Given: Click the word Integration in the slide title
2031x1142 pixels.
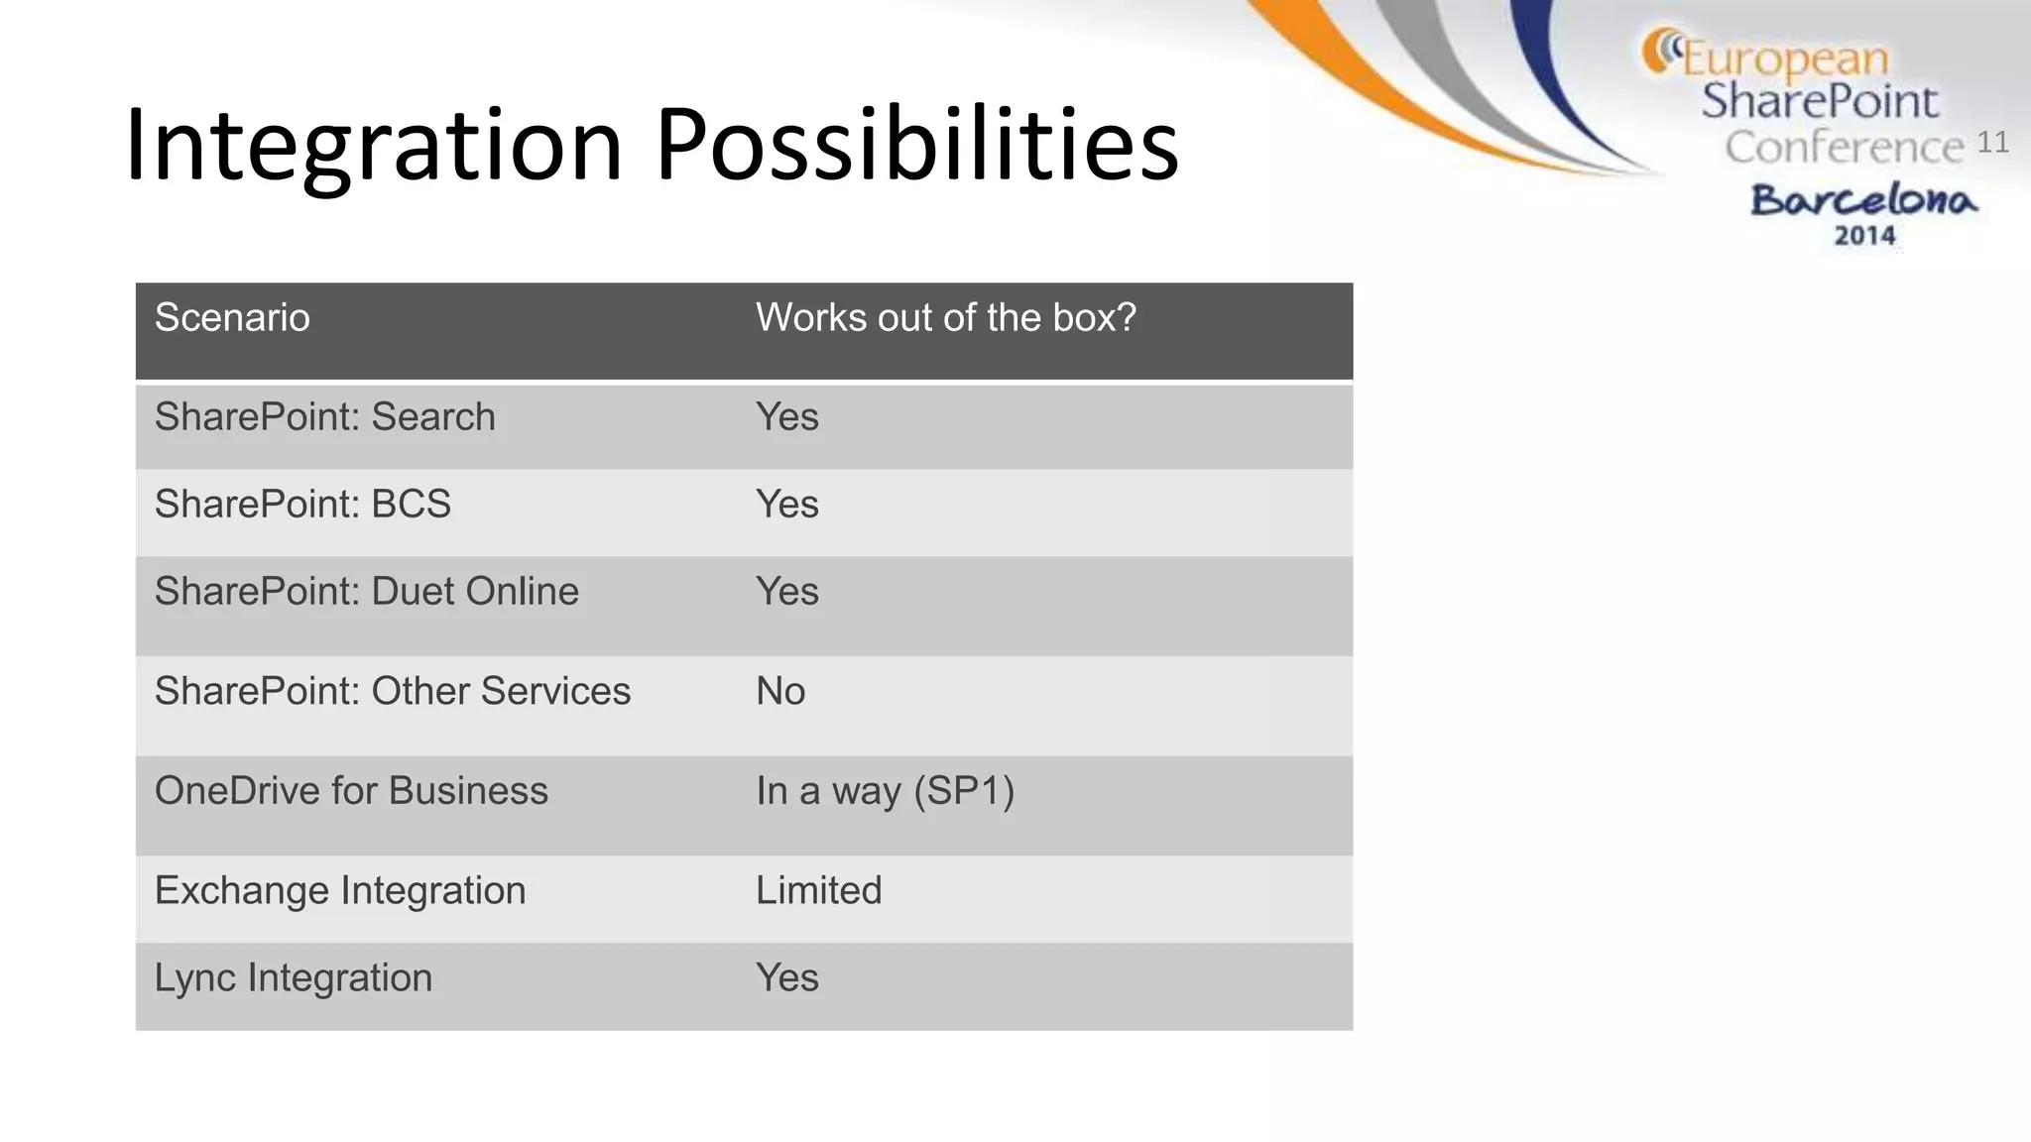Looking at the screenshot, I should point(374,146).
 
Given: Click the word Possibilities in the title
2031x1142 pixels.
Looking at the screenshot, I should point(916,146).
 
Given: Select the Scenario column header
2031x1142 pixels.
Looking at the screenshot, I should point(232,318).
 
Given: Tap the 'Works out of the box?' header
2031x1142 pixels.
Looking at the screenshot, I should point(945,318).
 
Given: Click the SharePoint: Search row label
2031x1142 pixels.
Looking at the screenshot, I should point(324,417).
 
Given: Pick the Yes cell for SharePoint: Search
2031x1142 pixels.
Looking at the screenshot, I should point(786,417).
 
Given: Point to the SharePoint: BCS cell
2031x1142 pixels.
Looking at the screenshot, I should point(302,505).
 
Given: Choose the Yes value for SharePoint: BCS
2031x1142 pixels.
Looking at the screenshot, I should point(786,505).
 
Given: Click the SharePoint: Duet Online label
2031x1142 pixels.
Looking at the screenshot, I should point(366,592).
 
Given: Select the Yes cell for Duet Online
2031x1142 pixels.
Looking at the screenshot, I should point(786,592).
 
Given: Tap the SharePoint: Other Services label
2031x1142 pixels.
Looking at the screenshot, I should point(392,691).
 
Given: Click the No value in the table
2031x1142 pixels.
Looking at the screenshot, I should point(779,691).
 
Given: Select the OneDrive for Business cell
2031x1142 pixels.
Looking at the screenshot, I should point(351,791).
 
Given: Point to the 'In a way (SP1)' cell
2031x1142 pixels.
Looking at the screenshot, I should point(885,791).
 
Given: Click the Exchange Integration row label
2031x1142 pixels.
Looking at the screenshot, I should point(339,890).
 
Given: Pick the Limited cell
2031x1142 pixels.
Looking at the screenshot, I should point(818,890).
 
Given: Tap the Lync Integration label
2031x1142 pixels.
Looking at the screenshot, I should point(293,977).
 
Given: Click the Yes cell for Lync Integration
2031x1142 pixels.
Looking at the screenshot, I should point(786,977).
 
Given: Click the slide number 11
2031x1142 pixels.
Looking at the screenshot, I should point(1992,143).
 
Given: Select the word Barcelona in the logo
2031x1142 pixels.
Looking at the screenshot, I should point(1863,200).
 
